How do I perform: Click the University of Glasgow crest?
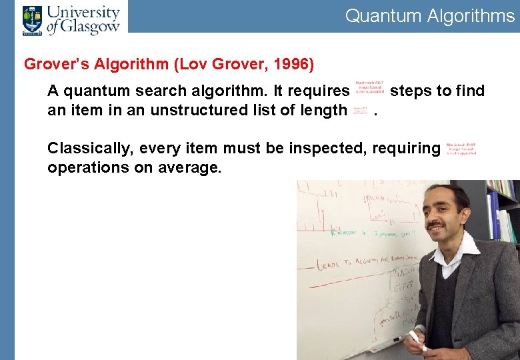31,19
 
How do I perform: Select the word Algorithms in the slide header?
471,16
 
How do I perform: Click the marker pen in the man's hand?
417,341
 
